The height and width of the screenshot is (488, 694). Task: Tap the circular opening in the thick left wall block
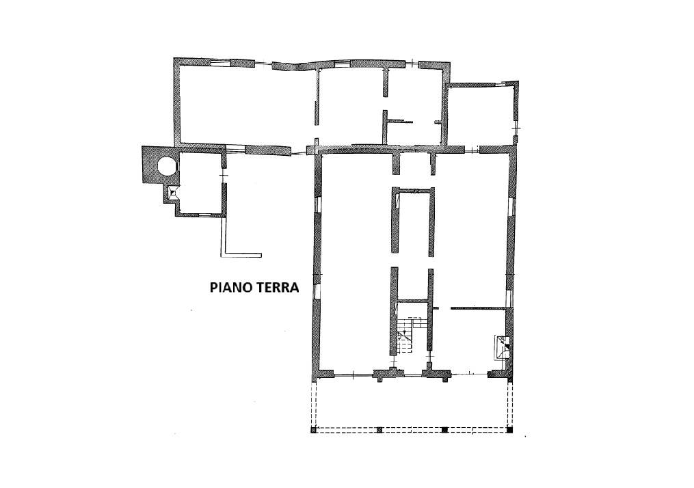pyautogui.click(x=168, y=166)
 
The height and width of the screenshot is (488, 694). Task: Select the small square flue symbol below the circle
pyautogui.click(x=173, y=192)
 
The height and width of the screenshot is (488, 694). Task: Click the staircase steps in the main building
pyautogui.click(x=406, y=336)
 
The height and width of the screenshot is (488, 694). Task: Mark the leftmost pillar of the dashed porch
pyautogui.click(x=314, y=430)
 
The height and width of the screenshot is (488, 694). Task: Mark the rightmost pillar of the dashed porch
pyautogui.click(x=510, y=430)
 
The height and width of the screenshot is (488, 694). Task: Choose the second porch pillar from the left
pyautogui.click(x=379, y=430)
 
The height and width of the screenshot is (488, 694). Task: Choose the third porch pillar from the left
pyautogui.click(x=445, y=430)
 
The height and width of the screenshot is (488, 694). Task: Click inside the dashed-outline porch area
pyautogui.click(x=412, y=403)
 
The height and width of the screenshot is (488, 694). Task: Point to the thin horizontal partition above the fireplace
pyautogui.click(x=479, y=308)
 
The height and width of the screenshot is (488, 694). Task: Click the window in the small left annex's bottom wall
pyautogui.click(x=204, y=215)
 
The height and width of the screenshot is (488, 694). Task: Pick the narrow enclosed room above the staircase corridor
pyautogui.click(x=414, y=221)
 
